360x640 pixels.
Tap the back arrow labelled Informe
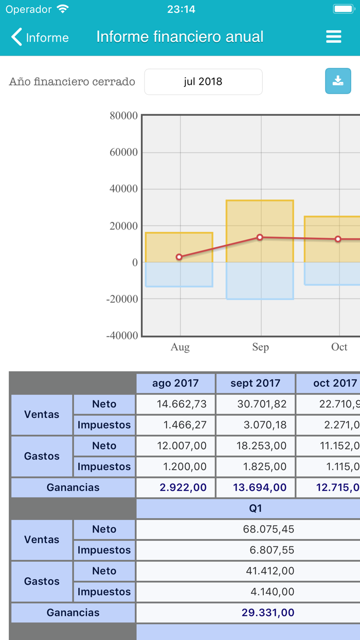[40, 37]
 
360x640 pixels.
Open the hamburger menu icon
[334, 37]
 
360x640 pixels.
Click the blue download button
[338, 81]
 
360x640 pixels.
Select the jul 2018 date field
[203, 82]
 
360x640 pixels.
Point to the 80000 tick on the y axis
[123, 116]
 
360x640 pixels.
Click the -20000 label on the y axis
[122, 299]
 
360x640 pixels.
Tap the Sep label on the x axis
[260, 347]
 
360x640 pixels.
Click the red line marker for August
[179, 257]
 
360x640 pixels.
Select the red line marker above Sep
[260, 237]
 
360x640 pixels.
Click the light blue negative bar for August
[179, 274]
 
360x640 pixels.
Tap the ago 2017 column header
[175, 383]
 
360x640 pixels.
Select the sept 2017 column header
[256, 383]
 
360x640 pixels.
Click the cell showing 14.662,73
[175, 404]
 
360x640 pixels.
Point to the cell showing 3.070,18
[256, 425]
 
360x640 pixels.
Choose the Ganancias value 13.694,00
[256, 487]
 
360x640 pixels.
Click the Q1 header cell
[256, 508]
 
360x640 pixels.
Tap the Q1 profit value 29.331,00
[267, 613]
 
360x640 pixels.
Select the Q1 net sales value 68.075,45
[267, 529]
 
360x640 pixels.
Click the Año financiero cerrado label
[72, 82]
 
